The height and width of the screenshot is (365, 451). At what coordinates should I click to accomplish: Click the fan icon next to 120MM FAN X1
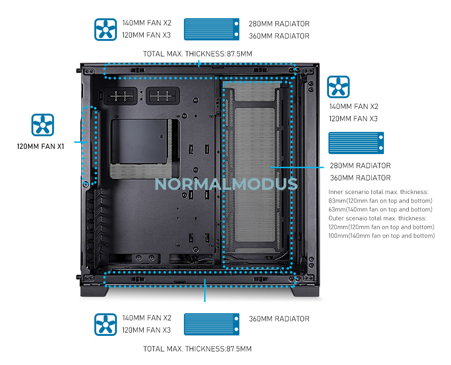[x=43, y=125]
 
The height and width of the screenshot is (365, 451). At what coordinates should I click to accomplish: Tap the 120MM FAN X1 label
[x=40, y=146]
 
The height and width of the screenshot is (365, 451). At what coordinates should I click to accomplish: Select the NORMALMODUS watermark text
[x=226, y=183]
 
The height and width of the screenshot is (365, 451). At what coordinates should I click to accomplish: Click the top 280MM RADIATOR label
[x=279, y=24]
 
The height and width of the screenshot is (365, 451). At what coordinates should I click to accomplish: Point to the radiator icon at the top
[x=209, y=29]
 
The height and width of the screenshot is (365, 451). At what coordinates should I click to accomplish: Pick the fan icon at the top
[x=106, y=29]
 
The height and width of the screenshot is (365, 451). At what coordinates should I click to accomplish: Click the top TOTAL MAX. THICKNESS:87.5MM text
[x=198, y=54]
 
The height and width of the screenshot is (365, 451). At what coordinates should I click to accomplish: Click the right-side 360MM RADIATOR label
[x=360, y=178]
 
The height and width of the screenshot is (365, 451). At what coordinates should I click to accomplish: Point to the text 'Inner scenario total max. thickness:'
[x=378, y=192]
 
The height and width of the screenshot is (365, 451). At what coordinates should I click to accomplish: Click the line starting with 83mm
[x=380, y=201]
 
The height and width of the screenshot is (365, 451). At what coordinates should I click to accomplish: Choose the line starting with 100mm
[x=382, y=235]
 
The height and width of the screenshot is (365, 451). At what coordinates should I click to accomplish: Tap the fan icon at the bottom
[x=106, y=325]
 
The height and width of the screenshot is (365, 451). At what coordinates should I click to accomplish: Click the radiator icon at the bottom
[x=209, y=325]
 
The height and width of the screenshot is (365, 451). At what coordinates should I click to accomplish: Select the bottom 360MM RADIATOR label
[x=279, y=318]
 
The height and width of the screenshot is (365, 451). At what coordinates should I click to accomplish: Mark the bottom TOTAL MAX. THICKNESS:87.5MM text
[x=198, y=349]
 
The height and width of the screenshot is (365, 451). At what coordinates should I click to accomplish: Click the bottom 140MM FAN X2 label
[x=147, y=318]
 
